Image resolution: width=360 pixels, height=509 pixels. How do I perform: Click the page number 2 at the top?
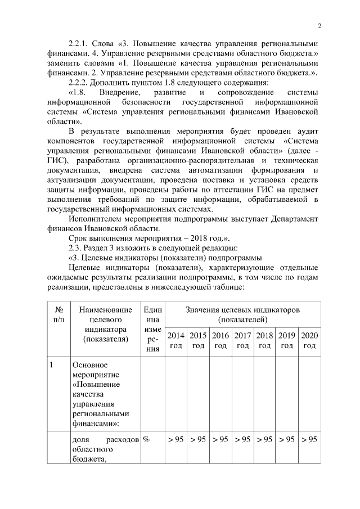(319, 25)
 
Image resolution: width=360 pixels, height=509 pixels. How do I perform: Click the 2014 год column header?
(176, 340)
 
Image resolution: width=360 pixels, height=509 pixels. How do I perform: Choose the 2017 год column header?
(242, 340)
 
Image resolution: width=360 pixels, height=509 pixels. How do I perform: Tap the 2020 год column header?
(309, 340)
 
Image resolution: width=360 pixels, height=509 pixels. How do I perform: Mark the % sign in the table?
(146, 439)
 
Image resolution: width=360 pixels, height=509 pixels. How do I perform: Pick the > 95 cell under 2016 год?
(220, 439)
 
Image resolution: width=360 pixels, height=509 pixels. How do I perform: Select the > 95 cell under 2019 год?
(287, 439)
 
